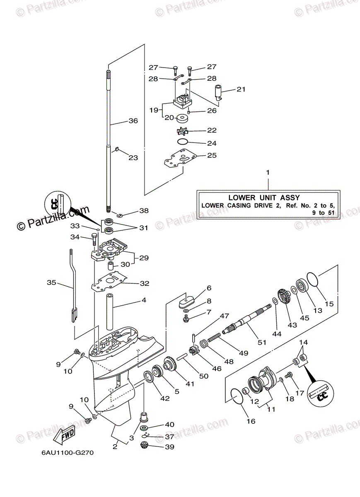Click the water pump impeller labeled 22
pyautogui.click(x=182, y=131)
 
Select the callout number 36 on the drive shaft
pyautogui.click(x=133, y=121)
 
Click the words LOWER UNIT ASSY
pyautogui.click(x=264, y=198)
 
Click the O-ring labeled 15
pyautogui.click(x=313, y=279)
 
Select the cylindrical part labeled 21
pyautogui.click(x=219, y=92)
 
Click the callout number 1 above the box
pyautogui.click(x=268, y=172)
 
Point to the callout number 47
pyautogui.click(x=224, y=316)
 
